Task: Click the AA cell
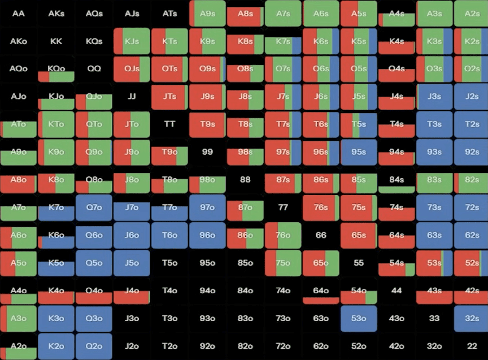tap(19, 14)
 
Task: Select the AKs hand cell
tap(56, 14)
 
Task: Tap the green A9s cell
tap(207, 14)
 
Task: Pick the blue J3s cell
tap(434, 97)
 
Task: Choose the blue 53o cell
tap(359, 318)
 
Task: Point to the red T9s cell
tap(207, 124)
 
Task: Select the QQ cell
tap(94, 69)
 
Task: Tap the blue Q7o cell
tap(94, 207)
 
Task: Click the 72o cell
tap(283, 346)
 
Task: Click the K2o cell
tap(56, 346)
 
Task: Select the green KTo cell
tap(56, 124)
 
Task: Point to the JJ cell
tap(132, 97)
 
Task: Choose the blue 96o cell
tap(207, 235)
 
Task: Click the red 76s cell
tap(321, 207)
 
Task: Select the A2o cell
tap(19, 346)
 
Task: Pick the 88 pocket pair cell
tap(245, 180)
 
